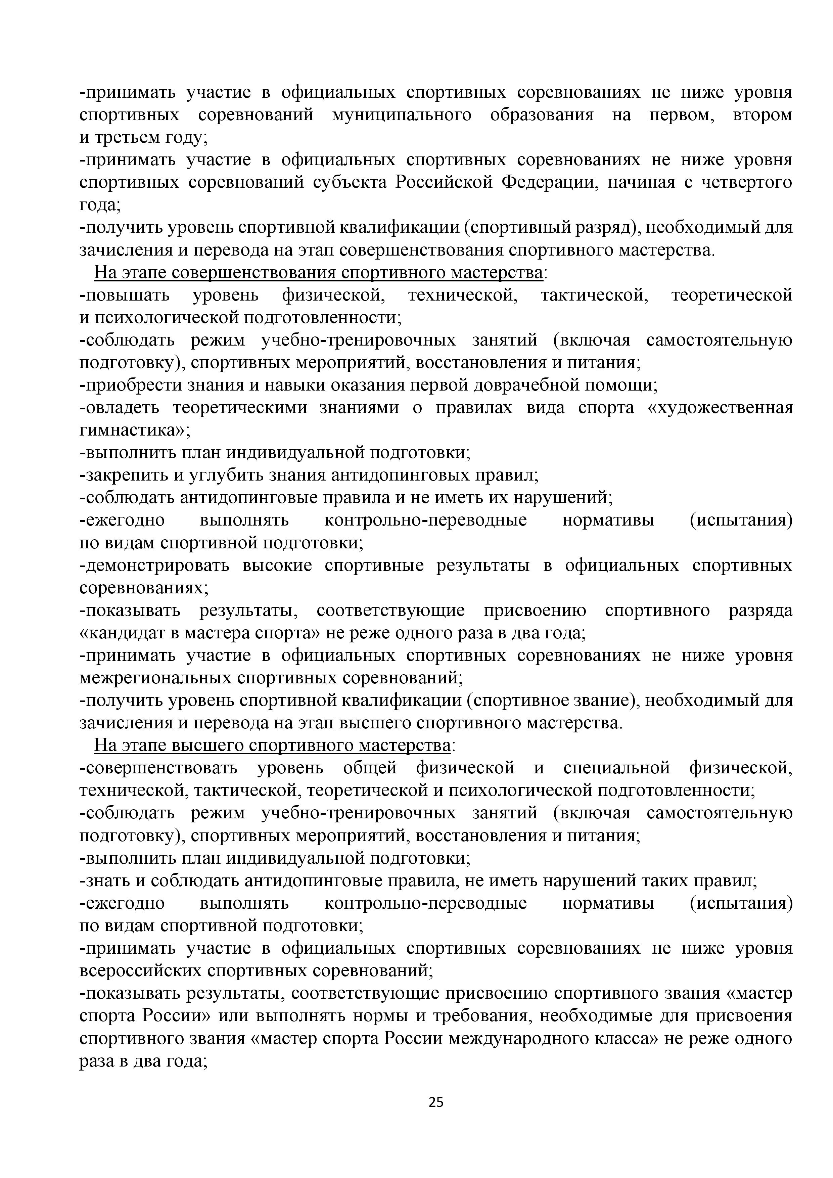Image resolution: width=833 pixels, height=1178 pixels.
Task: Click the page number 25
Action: (x=435, y=1116)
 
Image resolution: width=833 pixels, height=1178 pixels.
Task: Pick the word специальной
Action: (x=616, y=768)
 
